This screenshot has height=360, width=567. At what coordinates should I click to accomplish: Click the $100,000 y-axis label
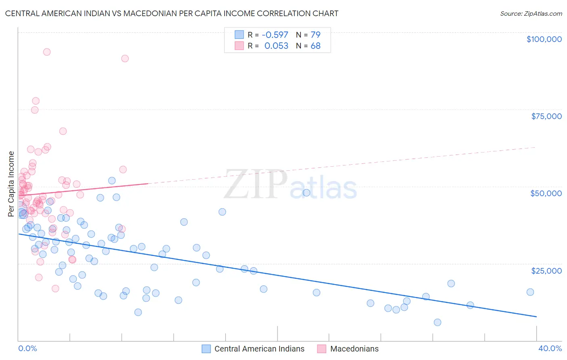544,39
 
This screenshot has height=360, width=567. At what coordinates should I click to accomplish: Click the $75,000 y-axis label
546,116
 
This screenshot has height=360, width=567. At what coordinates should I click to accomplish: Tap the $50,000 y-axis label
546,193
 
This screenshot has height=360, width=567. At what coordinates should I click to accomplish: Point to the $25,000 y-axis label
546,270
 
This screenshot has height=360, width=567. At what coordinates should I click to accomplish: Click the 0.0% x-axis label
27,348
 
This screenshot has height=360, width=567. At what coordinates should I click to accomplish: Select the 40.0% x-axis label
550,348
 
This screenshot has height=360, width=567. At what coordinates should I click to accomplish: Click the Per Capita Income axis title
11,184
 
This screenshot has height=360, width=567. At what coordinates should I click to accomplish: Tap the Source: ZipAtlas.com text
531,13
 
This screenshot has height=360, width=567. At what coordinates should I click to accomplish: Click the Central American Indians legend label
259,349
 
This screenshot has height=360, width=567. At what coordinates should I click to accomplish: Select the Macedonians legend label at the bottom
354,349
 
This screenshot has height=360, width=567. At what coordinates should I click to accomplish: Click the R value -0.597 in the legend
275,35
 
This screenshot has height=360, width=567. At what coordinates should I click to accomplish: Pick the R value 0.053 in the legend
276,46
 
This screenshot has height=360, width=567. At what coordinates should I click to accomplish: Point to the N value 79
315,35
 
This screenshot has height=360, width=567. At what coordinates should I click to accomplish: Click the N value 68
315,46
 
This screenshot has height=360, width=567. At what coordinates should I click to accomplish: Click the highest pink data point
47,52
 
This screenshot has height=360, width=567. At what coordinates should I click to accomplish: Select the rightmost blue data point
530,292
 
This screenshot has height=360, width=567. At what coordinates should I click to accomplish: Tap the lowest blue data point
437,322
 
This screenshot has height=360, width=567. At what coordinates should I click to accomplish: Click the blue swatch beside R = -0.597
239,35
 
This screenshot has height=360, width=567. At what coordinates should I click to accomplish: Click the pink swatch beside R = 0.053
239,46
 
